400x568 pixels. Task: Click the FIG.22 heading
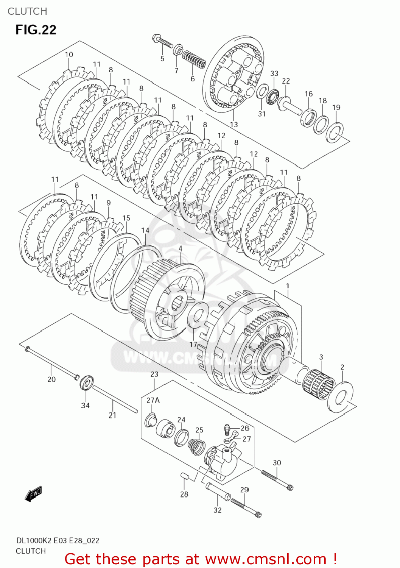[x=36, y=30]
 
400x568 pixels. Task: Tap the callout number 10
[x=69, y=55]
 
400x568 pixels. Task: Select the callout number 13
[x=234, y=124]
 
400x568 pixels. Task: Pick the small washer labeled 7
[x=178, y=50]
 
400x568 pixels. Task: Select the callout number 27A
[x=153, y=400]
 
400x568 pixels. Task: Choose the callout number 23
[x=154, y=374]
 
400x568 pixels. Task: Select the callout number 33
[x=274, y=73]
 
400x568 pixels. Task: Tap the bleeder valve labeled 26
[x=227, y=429]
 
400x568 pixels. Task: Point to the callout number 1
[x=288, y=286]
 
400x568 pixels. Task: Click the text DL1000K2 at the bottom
[x=34, y=540]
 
